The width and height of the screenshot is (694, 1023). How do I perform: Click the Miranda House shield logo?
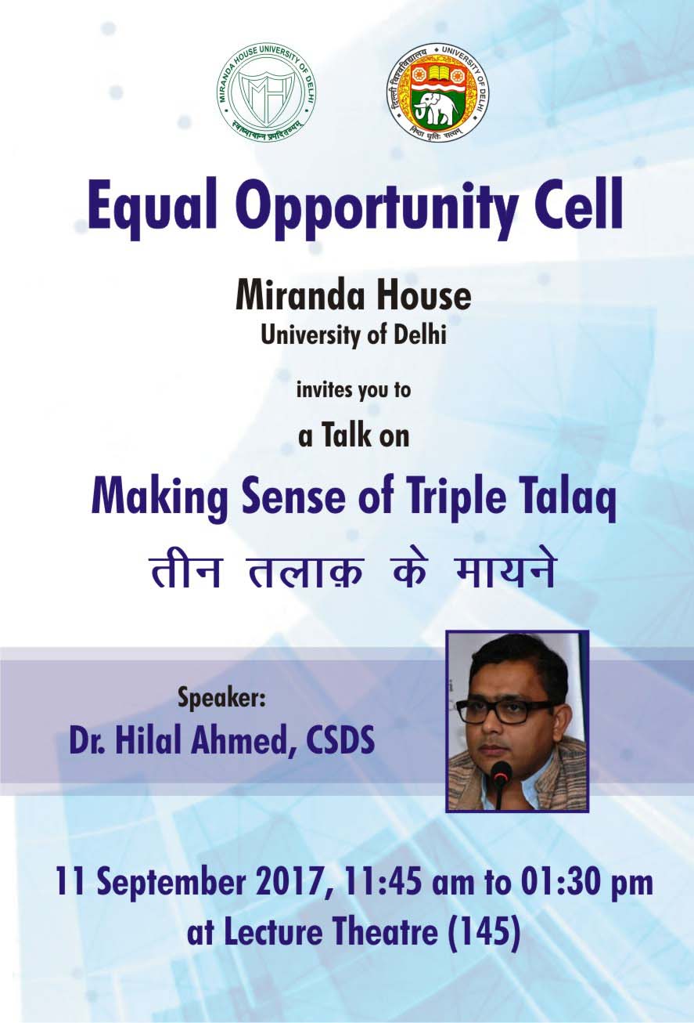267,92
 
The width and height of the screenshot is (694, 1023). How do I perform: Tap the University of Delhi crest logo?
436,92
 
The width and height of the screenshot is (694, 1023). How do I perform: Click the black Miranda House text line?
353,296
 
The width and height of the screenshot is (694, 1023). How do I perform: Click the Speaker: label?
221,699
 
